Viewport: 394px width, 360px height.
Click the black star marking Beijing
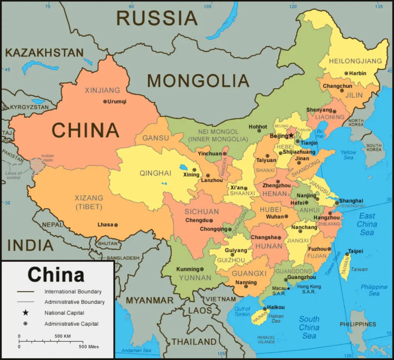point(291,136)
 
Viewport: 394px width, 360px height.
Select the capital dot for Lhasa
point(116,225)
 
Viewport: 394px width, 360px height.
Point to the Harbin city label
point(358,73)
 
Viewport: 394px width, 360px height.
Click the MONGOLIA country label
point(198,81)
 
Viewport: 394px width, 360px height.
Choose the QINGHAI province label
point(155,173)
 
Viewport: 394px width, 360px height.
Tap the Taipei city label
point(356,251)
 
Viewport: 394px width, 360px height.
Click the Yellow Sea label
point(348,155)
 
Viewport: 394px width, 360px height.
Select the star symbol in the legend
point(25,313)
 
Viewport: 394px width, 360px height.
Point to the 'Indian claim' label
point(47,158)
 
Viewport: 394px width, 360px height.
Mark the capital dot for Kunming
point(202,269)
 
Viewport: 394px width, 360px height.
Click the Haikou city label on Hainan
point(276,307)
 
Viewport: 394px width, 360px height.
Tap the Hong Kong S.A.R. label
point(309,289)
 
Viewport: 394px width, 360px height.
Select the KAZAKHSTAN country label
point(44,53)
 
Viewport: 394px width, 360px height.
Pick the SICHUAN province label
point(202,212)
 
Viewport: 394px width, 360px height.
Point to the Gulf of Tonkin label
point(242,311)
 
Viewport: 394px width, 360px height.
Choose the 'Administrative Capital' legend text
point(71,324)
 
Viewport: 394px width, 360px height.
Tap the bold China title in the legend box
point(56,275)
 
